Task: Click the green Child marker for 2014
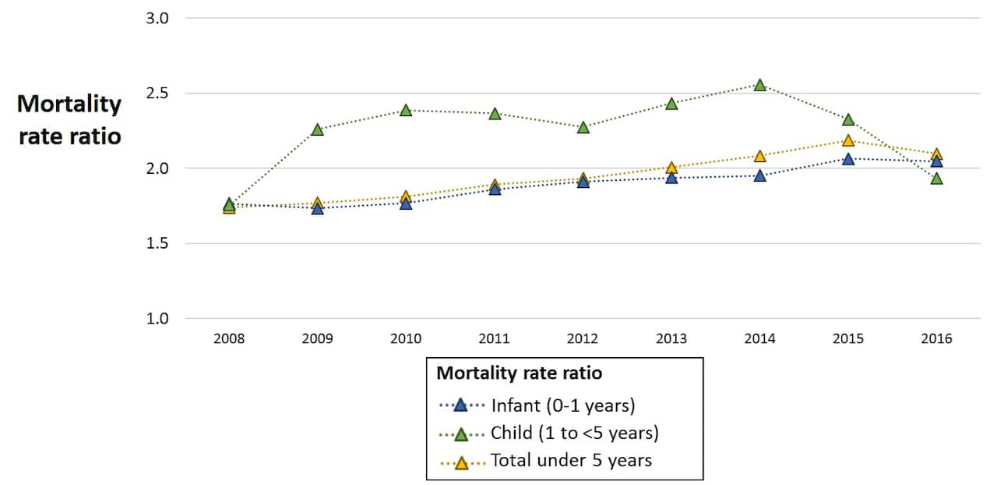[759, 85]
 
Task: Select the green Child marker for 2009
[317, 129]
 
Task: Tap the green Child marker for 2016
[936, 179]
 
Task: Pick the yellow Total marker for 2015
[848, 140]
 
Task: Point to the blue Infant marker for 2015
[848, 159]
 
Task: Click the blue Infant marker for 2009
[317, 208]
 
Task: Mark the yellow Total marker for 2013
[671, 168]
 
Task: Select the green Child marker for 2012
[583, 127]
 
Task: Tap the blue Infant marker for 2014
[759, 176]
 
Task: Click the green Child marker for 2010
[406, 111]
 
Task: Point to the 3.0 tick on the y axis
[157, 18]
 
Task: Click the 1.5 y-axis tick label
[157, 243]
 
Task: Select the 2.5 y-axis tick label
[157, 94]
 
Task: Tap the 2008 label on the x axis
[229, 339]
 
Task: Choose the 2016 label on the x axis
[936, 339]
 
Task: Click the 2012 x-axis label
[583, 339]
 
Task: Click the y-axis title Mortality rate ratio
[69, 120]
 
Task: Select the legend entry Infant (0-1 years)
[563, 405]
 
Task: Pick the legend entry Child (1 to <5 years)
[575, 434]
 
